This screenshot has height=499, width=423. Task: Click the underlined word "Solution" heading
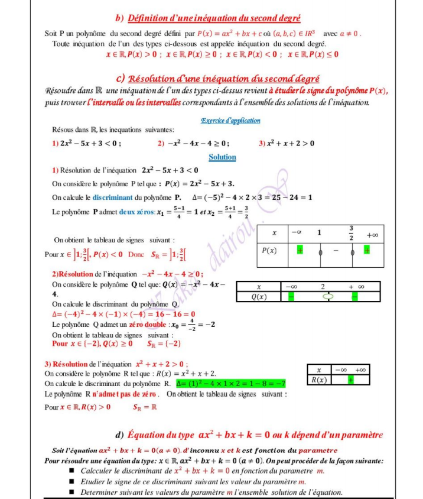tap(222, 157)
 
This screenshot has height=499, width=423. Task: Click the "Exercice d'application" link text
tap(230, 121)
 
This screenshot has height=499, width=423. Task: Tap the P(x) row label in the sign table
tap(270, 250)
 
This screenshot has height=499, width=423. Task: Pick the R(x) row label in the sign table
tap(319, 380)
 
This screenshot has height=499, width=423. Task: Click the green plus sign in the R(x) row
tap(350, 380)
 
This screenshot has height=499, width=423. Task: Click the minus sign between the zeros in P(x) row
tap(336, 251)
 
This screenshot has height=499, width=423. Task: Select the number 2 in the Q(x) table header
tap(323, 287)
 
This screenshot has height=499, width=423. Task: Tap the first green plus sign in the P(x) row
tap(300, 251)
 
